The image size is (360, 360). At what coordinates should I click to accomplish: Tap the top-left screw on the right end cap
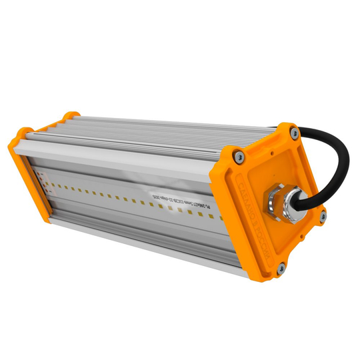(238, 155)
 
